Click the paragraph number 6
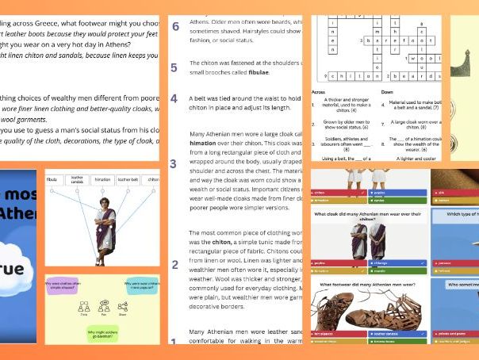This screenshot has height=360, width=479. [174, 26]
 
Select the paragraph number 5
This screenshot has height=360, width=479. [174, 66]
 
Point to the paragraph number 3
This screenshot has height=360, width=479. [174, 164]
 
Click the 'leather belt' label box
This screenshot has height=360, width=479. [129, 179]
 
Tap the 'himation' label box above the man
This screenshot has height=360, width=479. [104, 179]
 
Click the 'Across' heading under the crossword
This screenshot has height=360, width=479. [322, 91]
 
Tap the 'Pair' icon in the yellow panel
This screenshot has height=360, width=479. [101, 311]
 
